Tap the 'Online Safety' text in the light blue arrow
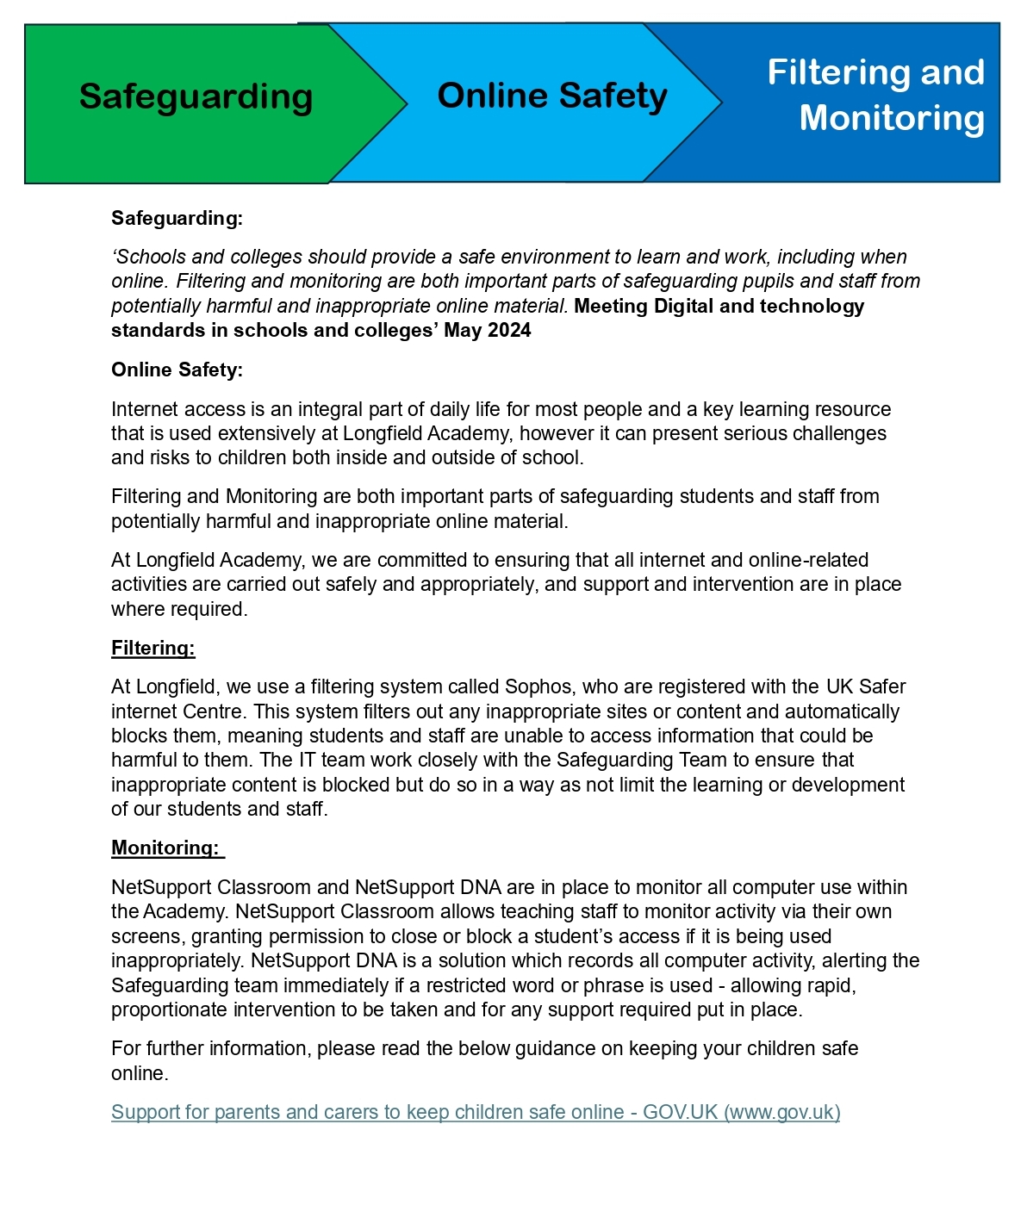click(x=552, y=96)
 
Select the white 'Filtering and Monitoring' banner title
click(x=876, y=95)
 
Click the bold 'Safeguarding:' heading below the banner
click(x=177, y=218)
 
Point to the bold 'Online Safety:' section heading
click(x=177, y=370)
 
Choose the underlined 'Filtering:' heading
click(x=153, y=648)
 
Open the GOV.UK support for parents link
click(x=476, y=1112)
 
